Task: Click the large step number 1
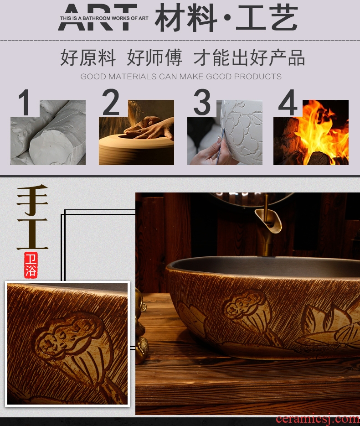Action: coord(25,103)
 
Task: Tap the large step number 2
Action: coord(111,102)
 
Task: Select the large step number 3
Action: coord(202,102)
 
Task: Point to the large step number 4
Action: coord(288,103)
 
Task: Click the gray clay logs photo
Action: coord(48,132)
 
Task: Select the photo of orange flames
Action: coord(311,132)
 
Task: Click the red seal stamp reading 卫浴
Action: coord(31,265)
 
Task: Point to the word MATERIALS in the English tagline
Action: coord(133,76)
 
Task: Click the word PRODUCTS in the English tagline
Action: coord(258,76)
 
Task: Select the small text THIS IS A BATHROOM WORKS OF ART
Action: coord(104,19)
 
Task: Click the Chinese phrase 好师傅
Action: coord(154,57)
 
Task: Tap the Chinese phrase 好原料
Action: coord(88,57)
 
